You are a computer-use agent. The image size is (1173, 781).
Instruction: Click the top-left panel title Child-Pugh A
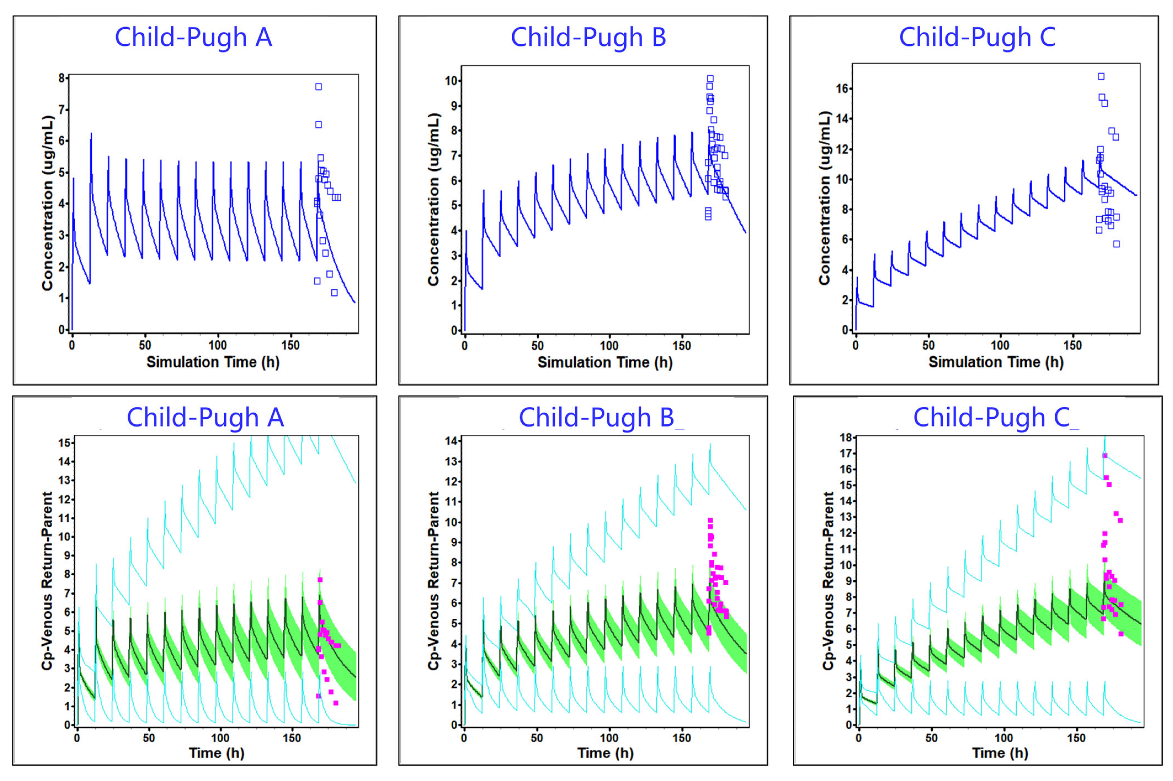pyautogui.click(x=193, y=37)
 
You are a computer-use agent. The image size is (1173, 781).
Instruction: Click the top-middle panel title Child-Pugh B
pyautogui.click(x=589, y=37)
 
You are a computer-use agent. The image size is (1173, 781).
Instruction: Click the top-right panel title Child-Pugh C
pyautogui.click(x=977, y=37)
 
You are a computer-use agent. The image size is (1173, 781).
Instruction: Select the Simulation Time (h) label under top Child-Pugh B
pyautogui.click(x=605, y=362)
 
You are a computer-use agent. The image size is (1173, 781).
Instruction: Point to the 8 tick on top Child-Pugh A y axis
pyautogui.click(x=62, y=78)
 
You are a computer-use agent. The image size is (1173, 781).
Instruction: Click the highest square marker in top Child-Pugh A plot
pyautogui.click(x=319, y=87)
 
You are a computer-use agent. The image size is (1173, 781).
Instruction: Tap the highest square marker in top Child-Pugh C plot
pyautogui.click(x=1101, y=76)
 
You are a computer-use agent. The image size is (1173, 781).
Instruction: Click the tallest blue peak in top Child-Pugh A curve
pyautogui.click(x=91, y=133)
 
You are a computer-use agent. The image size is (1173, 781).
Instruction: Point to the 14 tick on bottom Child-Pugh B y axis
pyautogui.click(x=452, y=441)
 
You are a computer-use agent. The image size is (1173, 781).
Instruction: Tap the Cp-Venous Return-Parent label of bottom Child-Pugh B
pyautogui.click(x=434, y=580)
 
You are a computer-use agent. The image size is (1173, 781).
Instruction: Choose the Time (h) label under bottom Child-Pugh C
pyautogui.click(x=1000, y=753)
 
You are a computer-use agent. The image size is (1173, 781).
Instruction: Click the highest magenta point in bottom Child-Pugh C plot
pyautogui.click(x=1105, y=455)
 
